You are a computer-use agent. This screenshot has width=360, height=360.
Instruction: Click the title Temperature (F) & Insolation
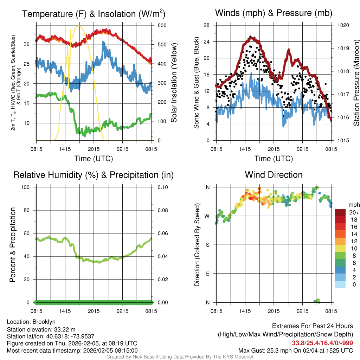94,14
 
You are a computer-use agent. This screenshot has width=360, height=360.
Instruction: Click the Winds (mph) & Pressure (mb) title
274,13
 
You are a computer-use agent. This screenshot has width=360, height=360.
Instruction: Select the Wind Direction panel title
274,175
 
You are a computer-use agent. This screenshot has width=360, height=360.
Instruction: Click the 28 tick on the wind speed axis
207,25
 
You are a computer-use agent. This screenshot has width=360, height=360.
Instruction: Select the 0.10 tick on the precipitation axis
162,187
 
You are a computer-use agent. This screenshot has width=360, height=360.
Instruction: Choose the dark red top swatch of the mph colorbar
340,212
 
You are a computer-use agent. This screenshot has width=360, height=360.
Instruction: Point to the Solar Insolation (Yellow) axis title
174,83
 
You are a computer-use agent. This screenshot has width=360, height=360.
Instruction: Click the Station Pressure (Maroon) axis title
356,83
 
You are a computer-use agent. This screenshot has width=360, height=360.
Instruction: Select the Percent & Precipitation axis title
13,245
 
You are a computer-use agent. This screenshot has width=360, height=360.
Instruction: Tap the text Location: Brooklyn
31,322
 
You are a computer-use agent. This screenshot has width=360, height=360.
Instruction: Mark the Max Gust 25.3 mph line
296,350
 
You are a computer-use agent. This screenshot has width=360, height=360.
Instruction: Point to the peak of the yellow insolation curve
79,26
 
